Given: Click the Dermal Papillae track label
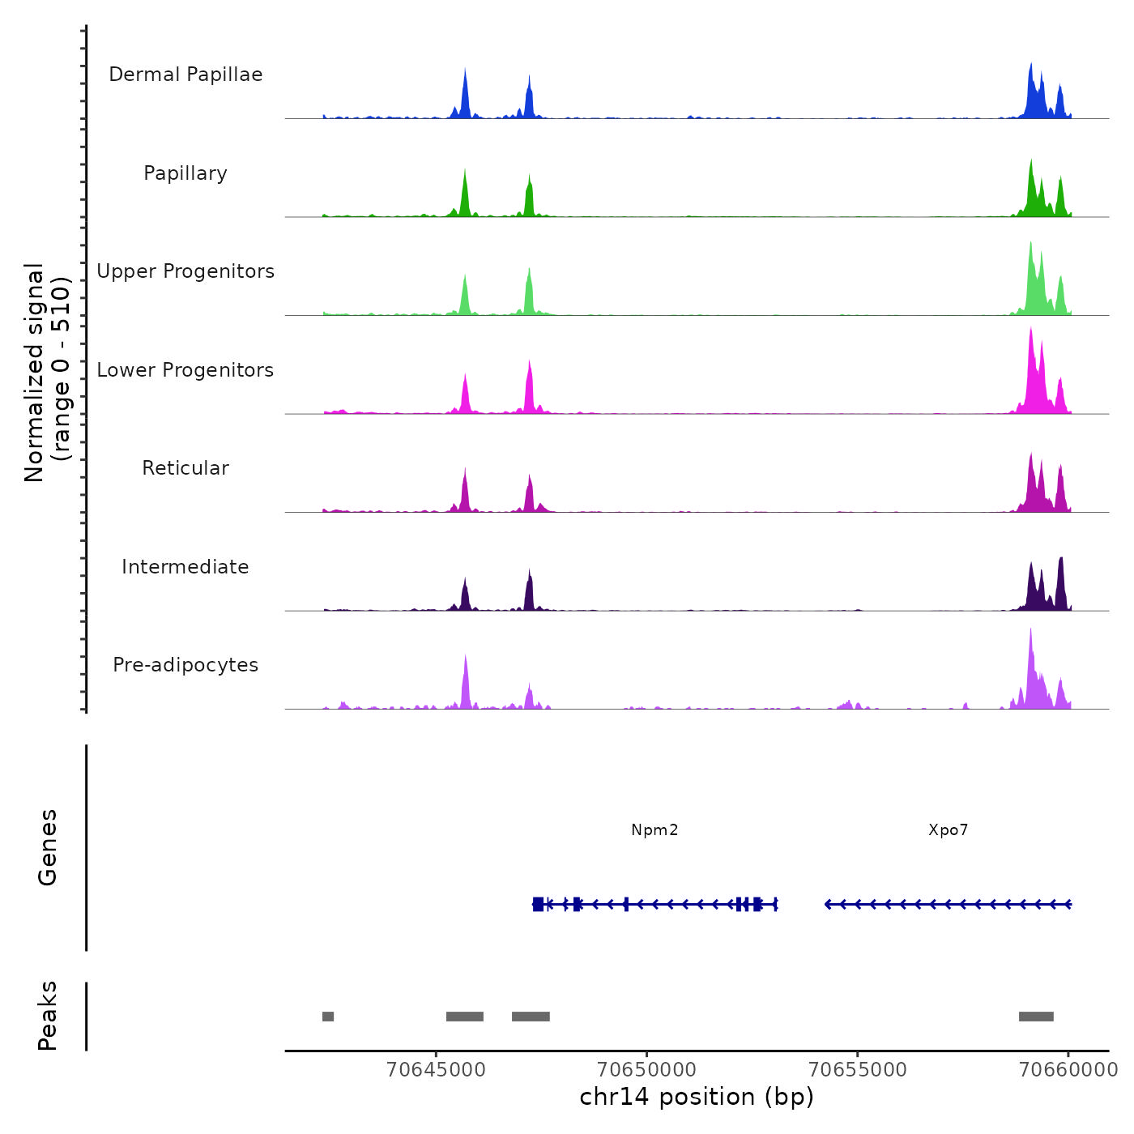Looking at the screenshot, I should (185, 75).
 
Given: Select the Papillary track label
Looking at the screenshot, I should (185, 173).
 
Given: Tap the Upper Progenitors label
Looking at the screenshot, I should (185, 271).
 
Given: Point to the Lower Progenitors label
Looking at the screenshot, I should (185, 370).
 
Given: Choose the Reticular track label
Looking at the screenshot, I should (185, 468).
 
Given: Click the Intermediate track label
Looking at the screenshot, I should (185, 567).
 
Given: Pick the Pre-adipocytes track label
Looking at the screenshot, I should (185, 665).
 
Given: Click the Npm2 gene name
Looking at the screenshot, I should (654, 830).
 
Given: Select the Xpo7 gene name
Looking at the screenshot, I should (948, 830).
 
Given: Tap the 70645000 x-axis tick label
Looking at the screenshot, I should (437, 1069).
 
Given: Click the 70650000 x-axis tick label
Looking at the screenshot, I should (647, 1069).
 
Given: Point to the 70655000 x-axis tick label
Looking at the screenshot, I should (858, 1069).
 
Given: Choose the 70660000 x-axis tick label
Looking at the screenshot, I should (1068, 1069).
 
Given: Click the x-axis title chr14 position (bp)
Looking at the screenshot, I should (697, 1097).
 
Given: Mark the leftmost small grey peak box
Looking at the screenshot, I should (328, 1017).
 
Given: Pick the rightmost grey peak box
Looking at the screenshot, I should (1036, 1017).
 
